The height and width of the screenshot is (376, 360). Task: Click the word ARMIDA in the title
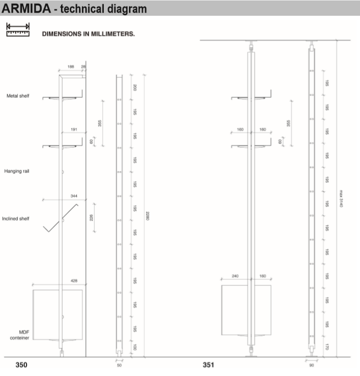click(26, 8)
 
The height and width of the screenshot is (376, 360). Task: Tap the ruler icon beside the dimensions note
click(18, 30)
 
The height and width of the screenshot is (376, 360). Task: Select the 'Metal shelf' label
click(18, 96)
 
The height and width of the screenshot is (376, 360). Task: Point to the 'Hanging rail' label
click(17, 171)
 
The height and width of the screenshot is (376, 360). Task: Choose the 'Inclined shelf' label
click(15, 219)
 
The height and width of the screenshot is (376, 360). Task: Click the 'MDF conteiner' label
click(20, 335)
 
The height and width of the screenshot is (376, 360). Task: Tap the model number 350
click(21, 365)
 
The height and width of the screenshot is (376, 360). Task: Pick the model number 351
click(209, 365)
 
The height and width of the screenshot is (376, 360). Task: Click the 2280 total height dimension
click(148, 216)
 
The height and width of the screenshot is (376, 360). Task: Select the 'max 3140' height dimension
click(341, 198)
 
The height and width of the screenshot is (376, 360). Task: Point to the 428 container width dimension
click(74, 281)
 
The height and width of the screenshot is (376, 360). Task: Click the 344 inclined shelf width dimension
click(74, 196)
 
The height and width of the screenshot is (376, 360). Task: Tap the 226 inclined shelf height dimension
click(91, 218)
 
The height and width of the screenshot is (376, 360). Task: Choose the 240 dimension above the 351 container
click(235, 276)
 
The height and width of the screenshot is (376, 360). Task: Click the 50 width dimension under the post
click(119, 365)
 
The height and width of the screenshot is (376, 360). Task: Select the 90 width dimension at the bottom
click(312, 365)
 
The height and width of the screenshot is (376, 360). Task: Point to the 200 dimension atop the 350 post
click(135, 88)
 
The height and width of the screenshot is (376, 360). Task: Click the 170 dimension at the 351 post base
click(327, 347)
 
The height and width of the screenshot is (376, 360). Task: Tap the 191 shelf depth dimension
click(74, 130)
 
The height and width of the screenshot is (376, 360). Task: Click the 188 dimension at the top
click(71, 67)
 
